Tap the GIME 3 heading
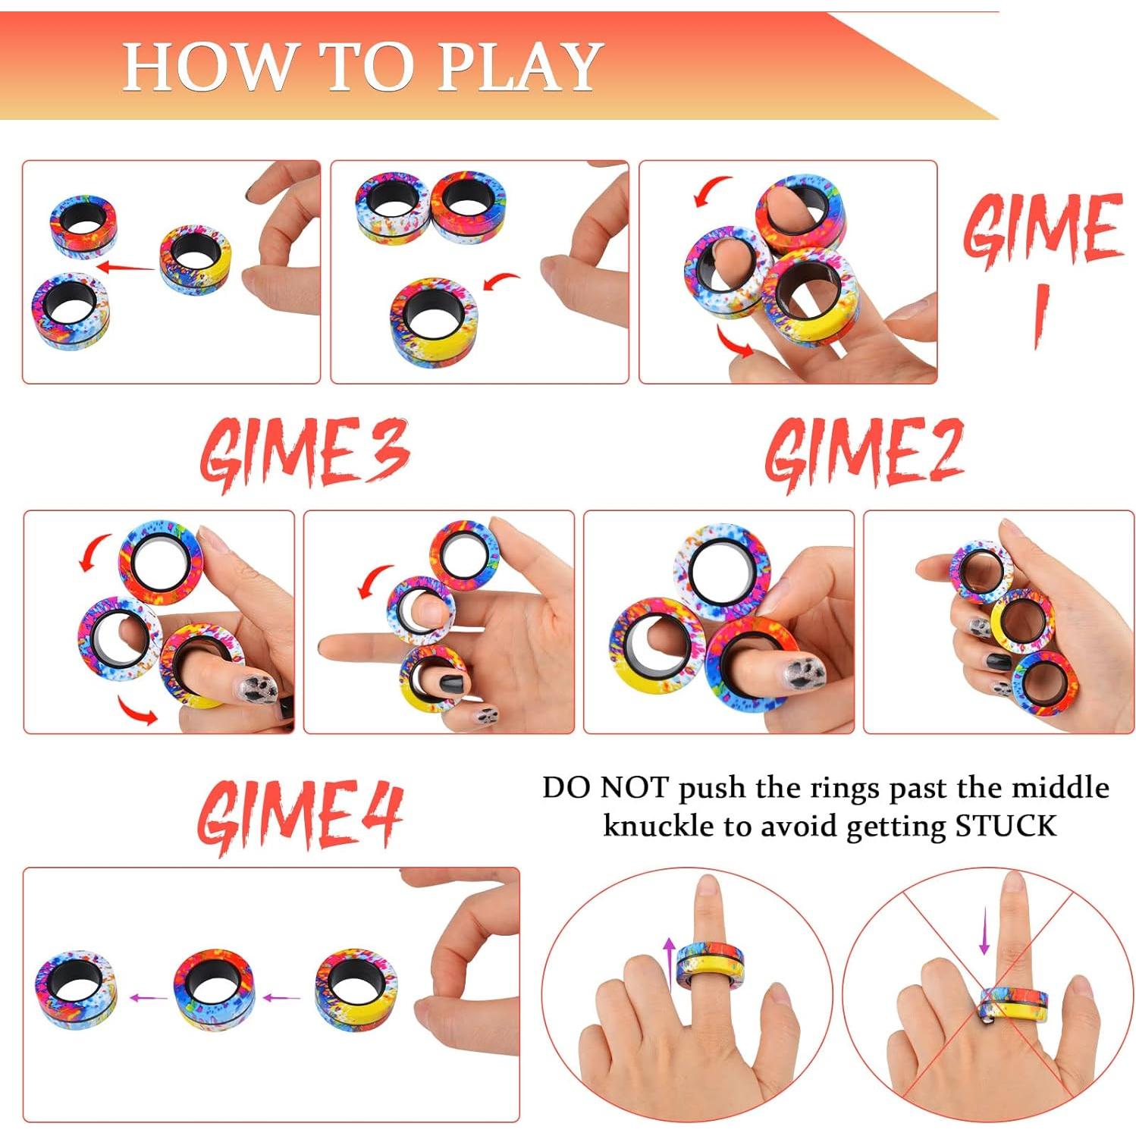[304, 453]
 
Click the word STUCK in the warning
[1005, 826]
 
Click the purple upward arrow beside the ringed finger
[669, 962]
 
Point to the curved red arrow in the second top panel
[500, 283]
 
